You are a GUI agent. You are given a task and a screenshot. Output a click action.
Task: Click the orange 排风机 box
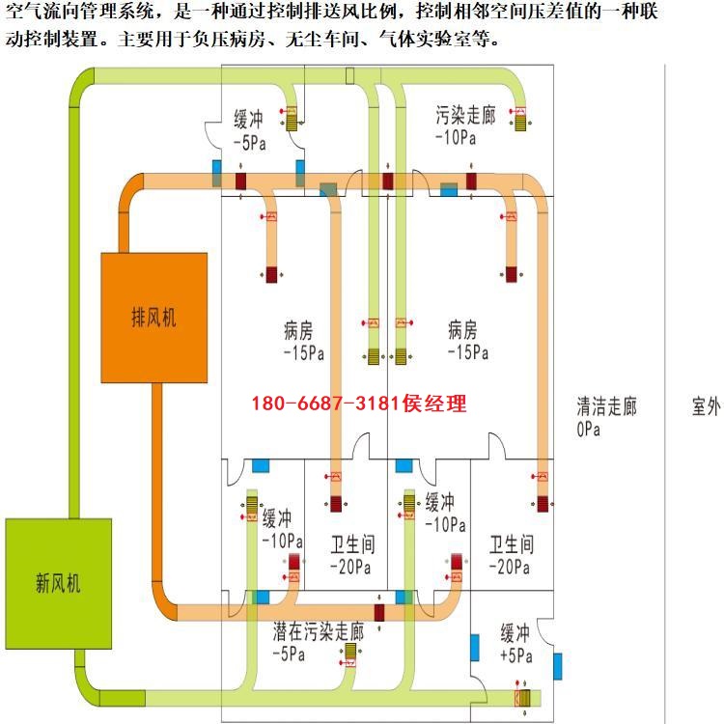(154, 318)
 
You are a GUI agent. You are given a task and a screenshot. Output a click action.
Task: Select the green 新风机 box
(59, 584)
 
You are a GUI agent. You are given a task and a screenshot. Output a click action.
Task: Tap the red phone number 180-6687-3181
(325, 404)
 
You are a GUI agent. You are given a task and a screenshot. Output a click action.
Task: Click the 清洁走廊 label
(607, 406)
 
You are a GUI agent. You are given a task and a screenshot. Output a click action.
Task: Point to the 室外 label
(707, 406)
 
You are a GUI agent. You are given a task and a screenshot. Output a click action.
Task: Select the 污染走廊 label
(465, 115)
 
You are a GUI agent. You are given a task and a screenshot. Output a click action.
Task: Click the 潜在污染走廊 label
(319, 631)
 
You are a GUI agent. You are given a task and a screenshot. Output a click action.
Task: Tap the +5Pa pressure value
(516, 655)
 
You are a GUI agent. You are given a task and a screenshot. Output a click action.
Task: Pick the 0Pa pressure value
(588, 430)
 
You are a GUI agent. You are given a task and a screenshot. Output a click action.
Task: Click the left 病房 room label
(298, 330)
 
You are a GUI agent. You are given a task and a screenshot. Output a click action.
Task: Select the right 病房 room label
(462, 330)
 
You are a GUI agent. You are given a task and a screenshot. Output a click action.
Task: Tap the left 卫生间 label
(352, 544)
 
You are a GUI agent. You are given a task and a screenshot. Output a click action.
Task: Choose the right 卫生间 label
(512, 544)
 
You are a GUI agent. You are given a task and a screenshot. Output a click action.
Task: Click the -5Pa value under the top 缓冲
(250, 143)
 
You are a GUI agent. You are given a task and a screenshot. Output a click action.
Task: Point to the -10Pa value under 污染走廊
(456, 138)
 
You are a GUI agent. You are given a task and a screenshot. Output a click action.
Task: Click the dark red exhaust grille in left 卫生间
(336, 504)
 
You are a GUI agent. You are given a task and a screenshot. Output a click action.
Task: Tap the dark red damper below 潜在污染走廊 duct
(379, 613)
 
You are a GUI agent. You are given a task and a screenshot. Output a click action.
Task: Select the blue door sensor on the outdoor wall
(558, 666)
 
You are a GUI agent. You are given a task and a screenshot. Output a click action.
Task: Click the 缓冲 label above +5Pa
(515, 633)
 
